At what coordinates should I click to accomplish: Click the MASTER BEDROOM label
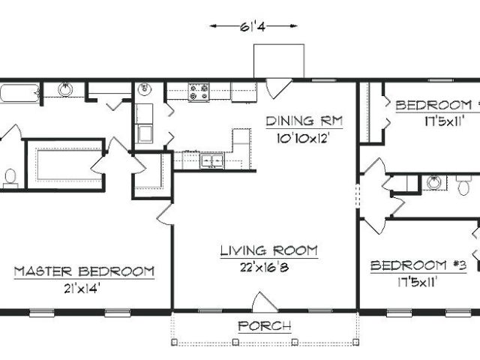coord(84,271)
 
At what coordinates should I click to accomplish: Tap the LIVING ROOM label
coord(269,250)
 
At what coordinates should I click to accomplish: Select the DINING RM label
coord(304,121)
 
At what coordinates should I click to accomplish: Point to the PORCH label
coord(265,326)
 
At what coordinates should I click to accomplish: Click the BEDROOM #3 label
coord(418,265)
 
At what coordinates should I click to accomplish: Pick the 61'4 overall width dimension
coord(253,27)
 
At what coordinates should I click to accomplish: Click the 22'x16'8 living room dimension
coord(264,268)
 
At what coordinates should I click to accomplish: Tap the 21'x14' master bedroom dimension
coord(82,288)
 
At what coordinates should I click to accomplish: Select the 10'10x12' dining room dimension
coord(302,138)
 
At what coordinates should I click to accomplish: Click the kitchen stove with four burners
coord(199,92)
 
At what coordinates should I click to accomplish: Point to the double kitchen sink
coord(211,160)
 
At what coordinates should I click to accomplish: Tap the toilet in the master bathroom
coord(10,178)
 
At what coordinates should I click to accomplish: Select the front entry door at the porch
coord(265,302)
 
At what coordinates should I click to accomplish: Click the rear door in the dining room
coord(278,88)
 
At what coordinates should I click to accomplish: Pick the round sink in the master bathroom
coord(65,89)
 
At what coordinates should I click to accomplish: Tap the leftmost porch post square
coord(175,342)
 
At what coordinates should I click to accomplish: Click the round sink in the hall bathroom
coord(433,183)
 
